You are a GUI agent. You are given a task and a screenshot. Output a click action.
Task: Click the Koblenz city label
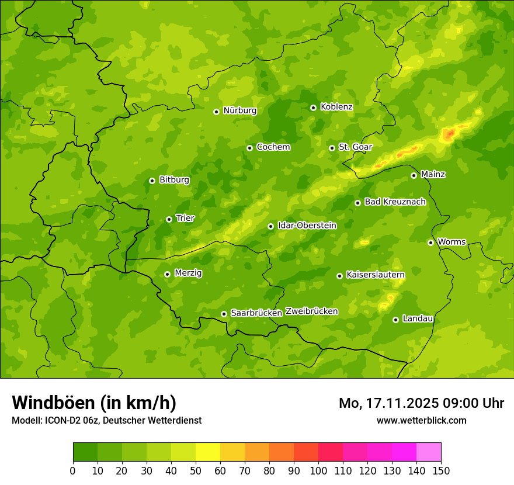[336, 107]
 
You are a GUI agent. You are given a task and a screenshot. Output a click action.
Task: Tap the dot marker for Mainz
[414, 175]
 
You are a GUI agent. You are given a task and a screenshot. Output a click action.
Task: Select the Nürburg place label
[239, 110]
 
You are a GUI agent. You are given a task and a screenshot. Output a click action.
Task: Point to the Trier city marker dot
[169, 219]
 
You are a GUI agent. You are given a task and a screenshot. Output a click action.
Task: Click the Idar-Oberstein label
[307, 226]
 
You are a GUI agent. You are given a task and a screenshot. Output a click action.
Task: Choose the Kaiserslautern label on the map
[376, 275]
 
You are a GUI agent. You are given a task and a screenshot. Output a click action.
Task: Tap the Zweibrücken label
[311, 311]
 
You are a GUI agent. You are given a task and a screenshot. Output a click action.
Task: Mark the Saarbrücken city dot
[224, 314]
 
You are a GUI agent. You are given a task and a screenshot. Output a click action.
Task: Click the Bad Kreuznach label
[395, 202]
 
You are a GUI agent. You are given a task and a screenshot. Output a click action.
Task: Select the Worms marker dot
[430, 243]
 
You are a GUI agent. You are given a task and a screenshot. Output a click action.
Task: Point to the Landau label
[418, 318]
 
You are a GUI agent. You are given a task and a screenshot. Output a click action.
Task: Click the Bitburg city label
[174, 180]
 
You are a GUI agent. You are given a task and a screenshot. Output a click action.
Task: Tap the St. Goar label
[355, 147]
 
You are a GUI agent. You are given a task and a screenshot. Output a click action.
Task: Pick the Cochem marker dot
[249, 148]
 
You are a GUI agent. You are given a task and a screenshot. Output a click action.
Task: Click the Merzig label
[188, 273]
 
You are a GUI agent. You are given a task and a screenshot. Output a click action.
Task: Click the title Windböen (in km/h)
[94, 403]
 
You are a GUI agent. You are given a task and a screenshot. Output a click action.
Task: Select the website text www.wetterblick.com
[421, 420]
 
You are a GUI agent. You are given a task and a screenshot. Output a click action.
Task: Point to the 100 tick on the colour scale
[318, 470]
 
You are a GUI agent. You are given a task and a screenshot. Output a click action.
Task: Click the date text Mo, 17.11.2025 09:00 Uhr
[421, 403]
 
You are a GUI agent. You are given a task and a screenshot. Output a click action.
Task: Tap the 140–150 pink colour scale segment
[429, 452]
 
